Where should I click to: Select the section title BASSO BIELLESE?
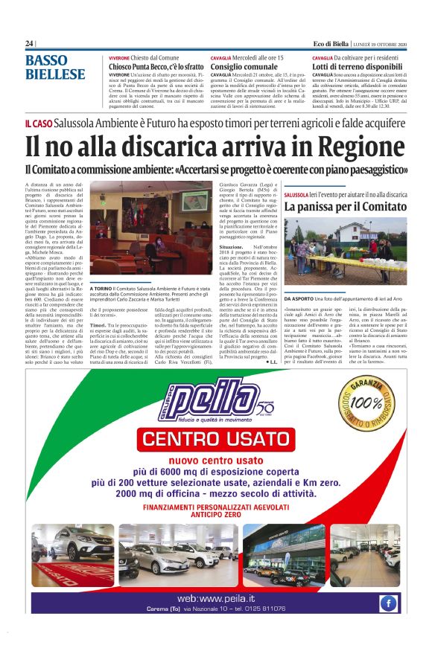tap(54, 68)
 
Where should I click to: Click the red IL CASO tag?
tap(38, 123)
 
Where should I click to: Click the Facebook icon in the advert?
tap(389, 603)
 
